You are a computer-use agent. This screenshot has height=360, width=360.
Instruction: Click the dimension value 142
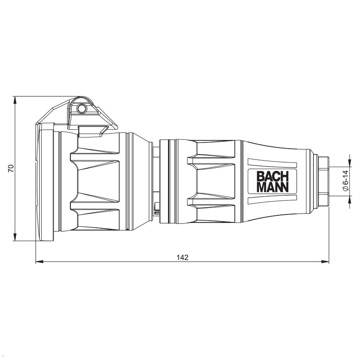click(x=182, y=257)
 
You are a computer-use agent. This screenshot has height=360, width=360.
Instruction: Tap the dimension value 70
click(x=11, y=169)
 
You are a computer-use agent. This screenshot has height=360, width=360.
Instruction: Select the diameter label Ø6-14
click(x=345, y=181)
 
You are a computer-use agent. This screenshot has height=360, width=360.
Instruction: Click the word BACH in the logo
click(x=273, y=176)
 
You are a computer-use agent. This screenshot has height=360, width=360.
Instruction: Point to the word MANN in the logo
click(x=273, y=187)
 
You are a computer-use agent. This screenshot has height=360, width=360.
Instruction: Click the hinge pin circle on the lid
click(x=82, y=109)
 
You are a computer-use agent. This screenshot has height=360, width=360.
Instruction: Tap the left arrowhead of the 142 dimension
click(x=39, y=262)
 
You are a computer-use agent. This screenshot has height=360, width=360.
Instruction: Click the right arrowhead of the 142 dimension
click(x=325, y=262)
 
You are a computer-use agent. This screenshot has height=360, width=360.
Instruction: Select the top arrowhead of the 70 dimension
click(x=15, y=100)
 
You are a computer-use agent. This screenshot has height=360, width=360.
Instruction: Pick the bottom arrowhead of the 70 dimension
click(x=15, y=237)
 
